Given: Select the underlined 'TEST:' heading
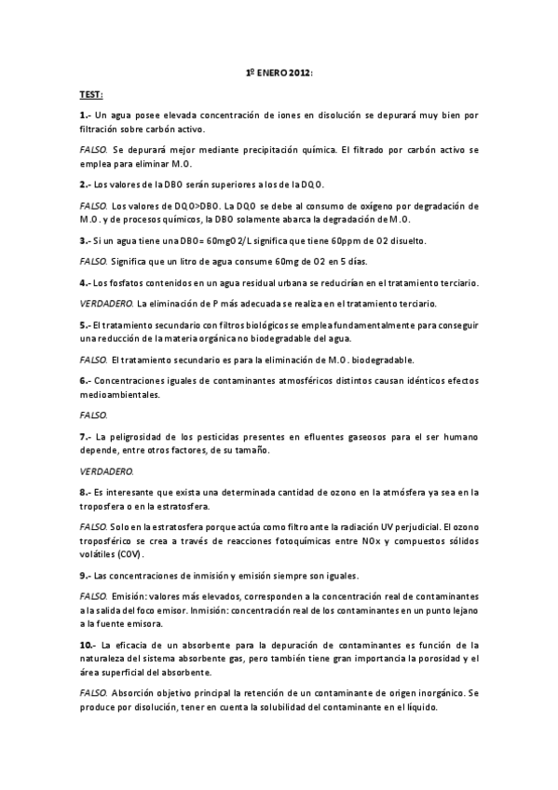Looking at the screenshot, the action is [90, 95].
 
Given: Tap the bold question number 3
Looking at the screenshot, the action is [84, 240].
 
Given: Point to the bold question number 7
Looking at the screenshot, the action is [84, 436].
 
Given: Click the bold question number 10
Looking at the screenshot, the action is [87, 645].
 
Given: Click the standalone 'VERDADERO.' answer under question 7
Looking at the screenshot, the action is [106, 470].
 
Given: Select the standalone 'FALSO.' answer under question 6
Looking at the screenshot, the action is [93, 415].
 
